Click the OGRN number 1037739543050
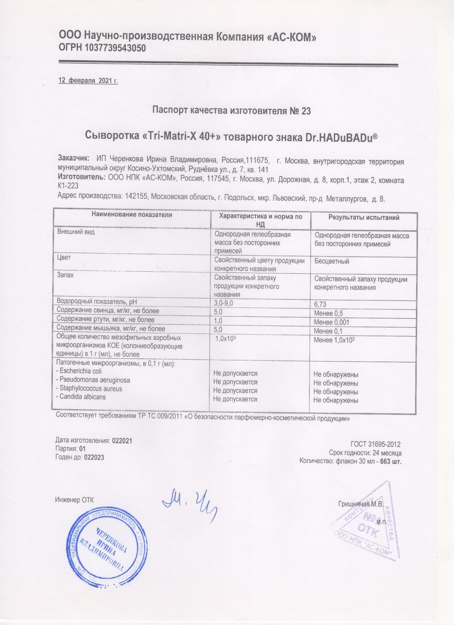pos(115,48)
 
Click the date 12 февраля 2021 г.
pos(88,81)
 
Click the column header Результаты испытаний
pos(364,217)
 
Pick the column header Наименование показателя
pos(132,215)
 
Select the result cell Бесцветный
pos(332,261)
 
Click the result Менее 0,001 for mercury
pos(332,322)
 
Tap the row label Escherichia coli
pos(81,371)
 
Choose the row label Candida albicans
pos(82,397)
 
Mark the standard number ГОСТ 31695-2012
pos(376,444)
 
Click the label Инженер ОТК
pos(75,500)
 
